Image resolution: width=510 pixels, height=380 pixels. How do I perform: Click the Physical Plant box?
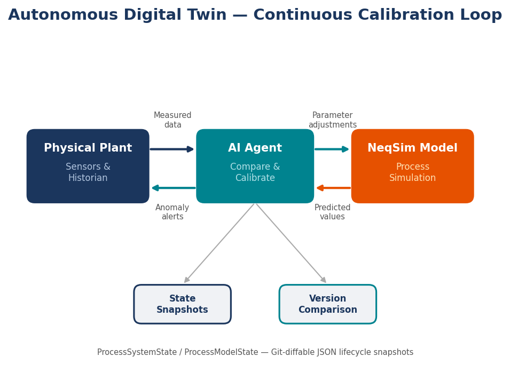point(88,166)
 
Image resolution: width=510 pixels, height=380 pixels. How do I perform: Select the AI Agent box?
point(255,166)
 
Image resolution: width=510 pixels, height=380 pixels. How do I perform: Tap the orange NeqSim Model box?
point(412,166)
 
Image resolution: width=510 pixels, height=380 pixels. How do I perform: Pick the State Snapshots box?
point(182,304)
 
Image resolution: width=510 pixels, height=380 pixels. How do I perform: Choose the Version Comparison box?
point(327,304)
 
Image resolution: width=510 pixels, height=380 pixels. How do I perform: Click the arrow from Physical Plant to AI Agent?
point(172,149)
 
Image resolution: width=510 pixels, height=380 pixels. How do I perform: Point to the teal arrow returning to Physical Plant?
point(174,188)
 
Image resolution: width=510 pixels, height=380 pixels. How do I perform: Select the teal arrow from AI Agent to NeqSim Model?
point(332,149)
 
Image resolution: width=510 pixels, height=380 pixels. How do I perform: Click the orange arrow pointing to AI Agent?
point(333,188)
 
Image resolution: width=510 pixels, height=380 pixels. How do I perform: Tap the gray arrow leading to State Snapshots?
point(219,243)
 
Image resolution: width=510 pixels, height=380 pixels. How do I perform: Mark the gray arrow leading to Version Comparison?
point(291,243)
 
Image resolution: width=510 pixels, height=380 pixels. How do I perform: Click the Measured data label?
point(172,120)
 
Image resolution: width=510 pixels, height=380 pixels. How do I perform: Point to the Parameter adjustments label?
point(332,120)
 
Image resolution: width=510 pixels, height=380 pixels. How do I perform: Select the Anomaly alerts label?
point(172,212)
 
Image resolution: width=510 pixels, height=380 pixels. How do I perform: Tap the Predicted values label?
point(332,212)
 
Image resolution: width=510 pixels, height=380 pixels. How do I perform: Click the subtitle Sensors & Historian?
point(88,172)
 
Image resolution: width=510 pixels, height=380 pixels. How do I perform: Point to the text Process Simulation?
point(412,172)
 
